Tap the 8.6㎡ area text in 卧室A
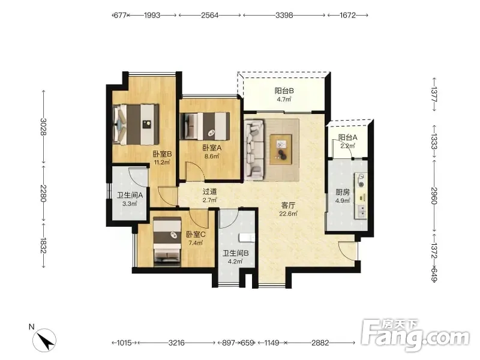coord(212,157)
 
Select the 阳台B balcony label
coord(284,91)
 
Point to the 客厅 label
coord(288,205)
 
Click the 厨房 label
coord(343,192)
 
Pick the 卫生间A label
coord(130,195)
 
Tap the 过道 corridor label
coord(209,191)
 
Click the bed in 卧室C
coord(167,240)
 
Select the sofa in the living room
coord(254,149)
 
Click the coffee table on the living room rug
coord(281,149)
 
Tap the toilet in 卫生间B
coord(247,238)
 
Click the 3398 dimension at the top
coord(284,15)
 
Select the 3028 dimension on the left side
coord(43,127)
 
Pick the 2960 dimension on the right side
coord(434,196)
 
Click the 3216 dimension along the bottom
coord(176,343)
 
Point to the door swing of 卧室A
coord(195,171)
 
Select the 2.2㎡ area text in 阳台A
coord(348,146)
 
